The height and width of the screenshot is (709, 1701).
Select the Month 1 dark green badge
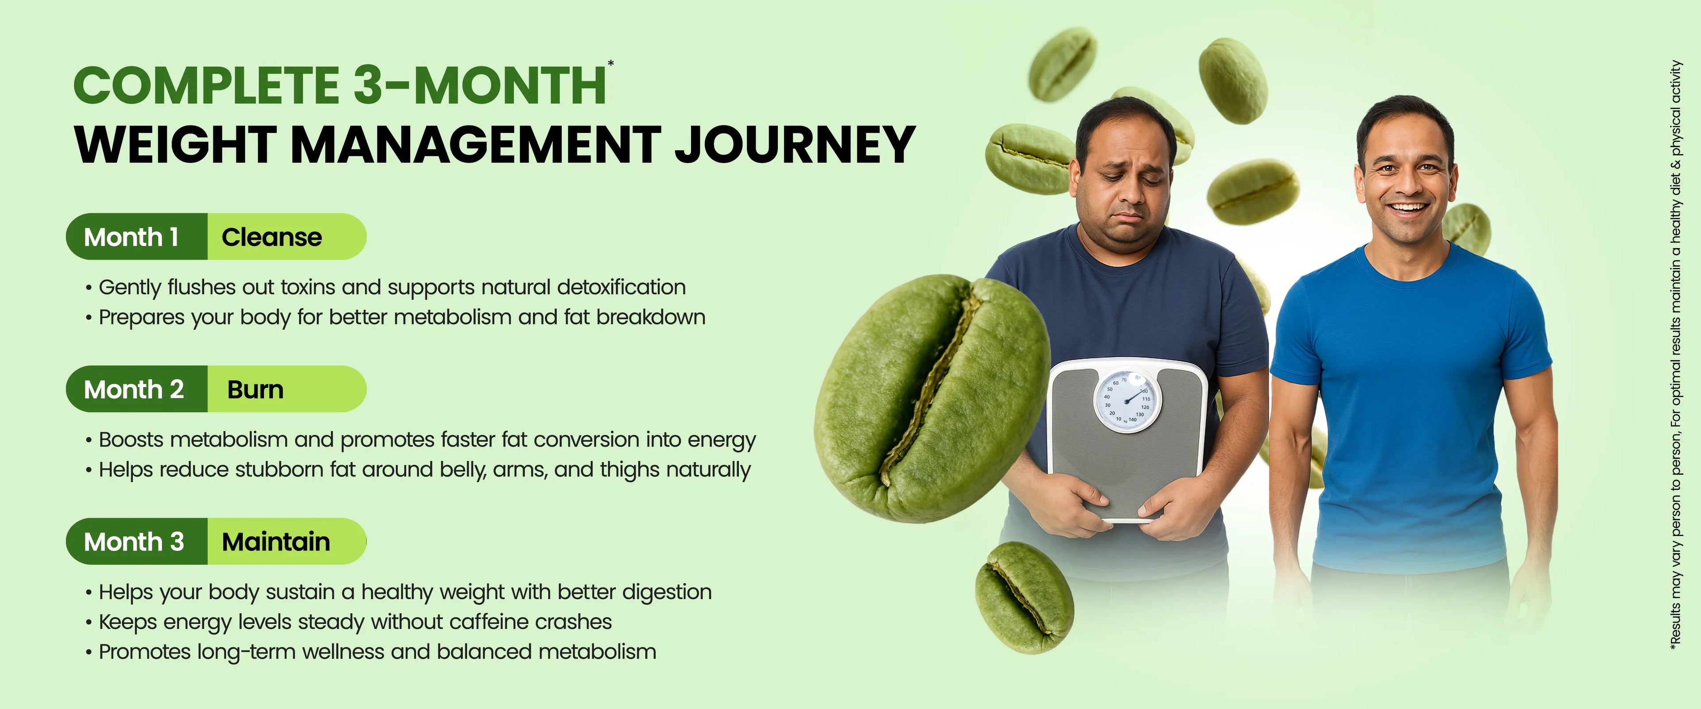(x=137, y=237)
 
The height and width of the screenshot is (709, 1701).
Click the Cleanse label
(x=272, y=237)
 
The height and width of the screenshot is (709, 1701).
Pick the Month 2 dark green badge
(x=137, y=389)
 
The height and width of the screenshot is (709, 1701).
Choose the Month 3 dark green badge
(x=137, y=541)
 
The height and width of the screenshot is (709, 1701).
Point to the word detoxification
(x=621, y=288)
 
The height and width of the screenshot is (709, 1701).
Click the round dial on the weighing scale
(x=1126, y=401)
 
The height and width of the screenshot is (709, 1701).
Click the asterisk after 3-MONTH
(x=611, y=63)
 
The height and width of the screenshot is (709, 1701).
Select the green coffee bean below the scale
(x=1024, y=597)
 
